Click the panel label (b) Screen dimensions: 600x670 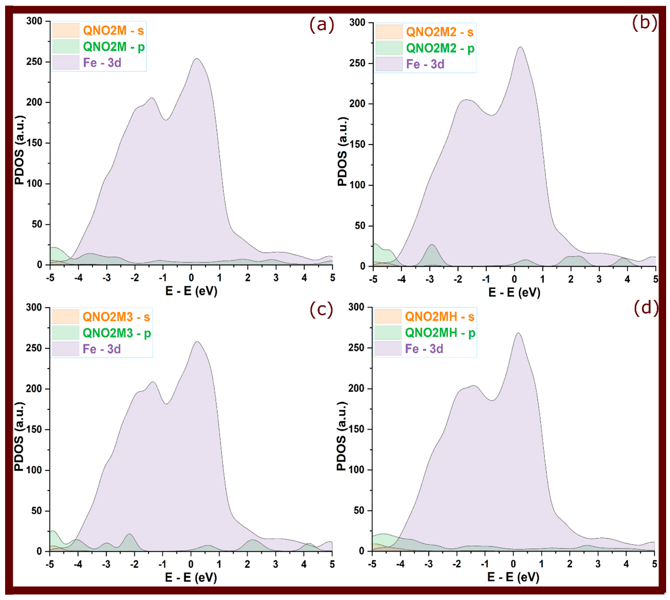644,23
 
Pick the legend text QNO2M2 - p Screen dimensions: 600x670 440,49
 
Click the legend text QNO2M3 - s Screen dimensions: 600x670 116,317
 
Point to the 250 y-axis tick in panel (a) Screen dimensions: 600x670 34,62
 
